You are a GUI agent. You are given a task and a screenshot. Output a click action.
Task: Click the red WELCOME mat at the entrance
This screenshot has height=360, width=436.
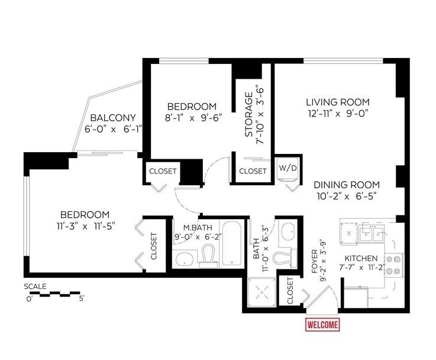[x=322, y=324]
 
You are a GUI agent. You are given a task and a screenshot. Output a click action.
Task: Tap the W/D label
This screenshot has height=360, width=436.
[x=288, y=168]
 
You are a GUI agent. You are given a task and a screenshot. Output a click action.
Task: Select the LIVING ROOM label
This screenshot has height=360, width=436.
[x=338, y=102]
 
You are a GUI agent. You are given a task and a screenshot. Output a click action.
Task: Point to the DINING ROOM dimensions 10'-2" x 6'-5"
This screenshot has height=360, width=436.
[x=347, y=197]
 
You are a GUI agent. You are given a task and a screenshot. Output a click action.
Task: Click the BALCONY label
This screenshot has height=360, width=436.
[x=113, y=118]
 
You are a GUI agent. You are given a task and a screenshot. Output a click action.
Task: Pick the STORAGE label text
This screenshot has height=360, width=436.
[x=249, y=114]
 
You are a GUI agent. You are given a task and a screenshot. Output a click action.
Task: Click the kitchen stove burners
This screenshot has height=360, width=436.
[x=394, y=265]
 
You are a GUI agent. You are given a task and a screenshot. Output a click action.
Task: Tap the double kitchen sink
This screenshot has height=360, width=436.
[x=372, y=234]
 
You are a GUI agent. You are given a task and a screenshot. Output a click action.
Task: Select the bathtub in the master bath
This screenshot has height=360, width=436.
[x=232, y=243]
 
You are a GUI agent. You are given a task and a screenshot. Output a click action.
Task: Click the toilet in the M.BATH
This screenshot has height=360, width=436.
[x=208, y=255]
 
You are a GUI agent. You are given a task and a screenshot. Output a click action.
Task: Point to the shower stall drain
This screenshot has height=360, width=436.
[x=261, y=292]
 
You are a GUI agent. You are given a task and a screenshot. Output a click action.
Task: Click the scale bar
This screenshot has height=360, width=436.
[x=53, y=294]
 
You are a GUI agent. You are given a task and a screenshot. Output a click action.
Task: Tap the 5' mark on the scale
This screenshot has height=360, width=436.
[x=82, y=300]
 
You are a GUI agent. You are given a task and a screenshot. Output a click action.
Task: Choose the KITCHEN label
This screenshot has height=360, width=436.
[x=361, y=258]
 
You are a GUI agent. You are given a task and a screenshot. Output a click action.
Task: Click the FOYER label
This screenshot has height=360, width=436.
[x=315, y=262]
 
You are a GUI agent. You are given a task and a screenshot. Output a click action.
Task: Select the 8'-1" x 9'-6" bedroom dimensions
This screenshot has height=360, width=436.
[x=193, y=118]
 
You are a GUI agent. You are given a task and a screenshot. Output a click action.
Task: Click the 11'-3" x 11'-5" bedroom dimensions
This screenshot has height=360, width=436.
[x=86, y=226]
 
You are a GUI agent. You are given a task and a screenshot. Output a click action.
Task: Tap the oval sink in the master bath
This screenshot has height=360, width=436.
[x=185, y=259]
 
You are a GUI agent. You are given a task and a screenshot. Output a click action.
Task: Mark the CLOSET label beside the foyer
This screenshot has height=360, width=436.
[x=290, y=291]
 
